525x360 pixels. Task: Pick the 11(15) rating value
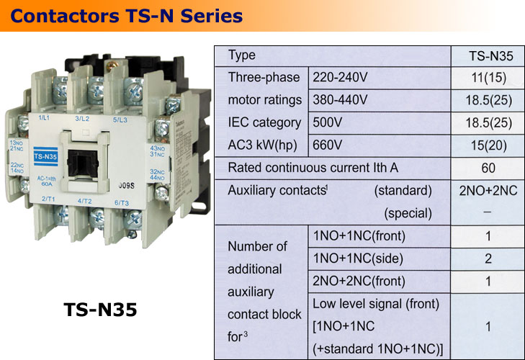click(486, 77)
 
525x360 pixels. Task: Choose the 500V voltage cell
click(328, 122)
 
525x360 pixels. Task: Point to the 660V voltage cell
click(328, 145)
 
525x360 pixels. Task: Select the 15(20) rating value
click(486, 145)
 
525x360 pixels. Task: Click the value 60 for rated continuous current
click(486, 168)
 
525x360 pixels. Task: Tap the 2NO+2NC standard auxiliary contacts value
click(486, 191)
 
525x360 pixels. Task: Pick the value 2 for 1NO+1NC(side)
click(486, 258)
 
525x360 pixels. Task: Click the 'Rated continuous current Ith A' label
click(313, 168)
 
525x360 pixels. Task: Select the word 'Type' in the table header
click(241, 55)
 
